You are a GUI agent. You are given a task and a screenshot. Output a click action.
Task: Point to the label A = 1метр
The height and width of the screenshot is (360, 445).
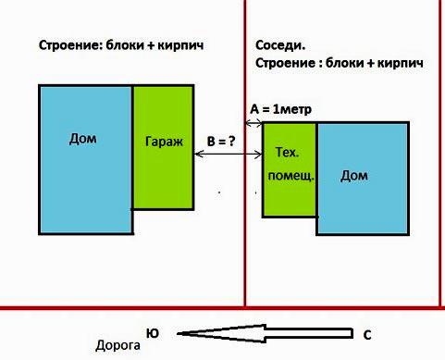click(x=281, y=110)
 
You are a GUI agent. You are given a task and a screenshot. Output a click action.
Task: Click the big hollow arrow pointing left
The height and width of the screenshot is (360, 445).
click(x=268, y=333)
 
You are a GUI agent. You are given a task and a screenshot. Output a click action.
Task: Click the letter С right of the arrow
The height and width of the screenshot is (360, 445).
click(x=367, y=334)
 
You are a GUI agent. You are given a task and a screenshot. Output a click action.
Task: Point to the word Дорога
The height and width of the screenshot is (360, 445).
click(x=117, y=347)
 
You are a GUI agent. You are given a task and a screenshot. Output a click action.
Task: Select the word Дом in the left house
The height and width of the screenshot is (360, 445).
click(x=83, y=140)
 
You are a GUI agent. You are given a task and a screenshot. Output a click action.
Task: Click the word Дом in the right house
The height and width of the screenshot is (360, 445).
click(x=353, y=175)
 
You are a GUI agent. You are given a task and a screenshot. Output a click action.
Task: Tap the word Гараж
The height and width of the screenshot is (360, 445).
click(x=163, y=142)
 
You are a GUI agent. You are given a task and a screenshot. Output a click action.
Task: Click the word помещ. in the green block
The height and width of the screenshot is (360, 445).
click(x=289, y=175)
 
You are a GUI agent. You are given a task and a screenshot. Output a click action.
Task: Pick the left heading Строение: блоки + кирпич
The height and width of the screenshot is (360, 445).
click(x=120, y=44)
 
